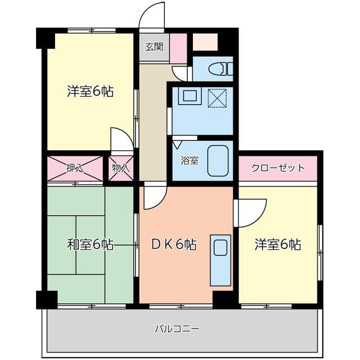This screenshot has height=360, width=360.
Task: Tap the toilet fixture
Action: coord(219,69)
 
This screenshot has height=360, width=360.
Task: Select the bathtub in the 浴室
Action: coord(218,160)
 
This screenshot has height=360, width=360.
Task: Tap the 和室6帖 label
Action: coord(90,245)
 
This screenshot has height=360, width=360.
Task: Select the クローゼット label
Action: coord(278,168)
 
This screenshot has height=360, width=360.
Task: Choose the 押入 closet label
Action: coord(75,168)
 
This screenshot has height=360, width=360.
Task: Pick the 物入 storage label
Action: coord(121,168)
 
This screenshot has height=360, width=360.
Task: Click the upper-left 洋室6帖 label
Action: coord(90,91)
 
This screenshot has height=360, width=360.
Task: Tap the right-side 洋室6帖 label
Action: coord(277,245)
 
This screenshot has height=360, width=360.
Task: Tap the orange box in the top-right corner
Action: coord(205,42)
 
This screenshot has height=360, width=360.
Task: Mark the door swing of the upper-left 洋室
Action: coord(122,139)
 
